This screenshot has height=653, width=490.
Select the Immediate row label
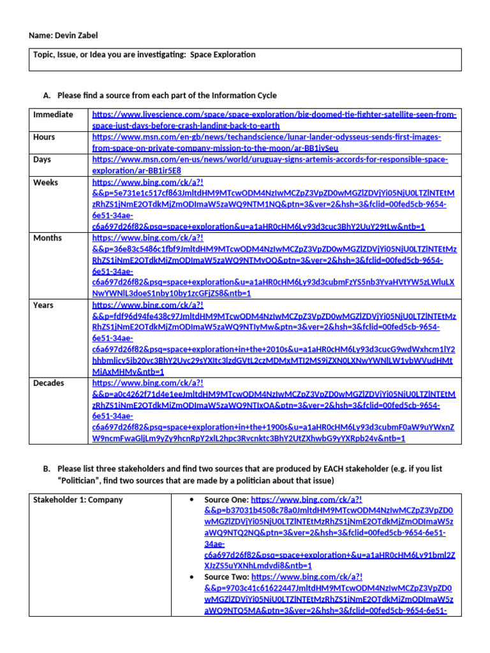53,115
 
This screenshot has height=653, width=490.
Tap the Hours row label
44,137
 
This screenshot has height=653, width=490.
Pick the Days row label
42,159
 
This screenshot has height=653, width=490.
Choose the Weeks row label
45,182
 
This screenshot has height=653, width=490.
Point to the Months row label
47,238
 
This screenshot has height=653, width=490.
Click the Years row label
43,305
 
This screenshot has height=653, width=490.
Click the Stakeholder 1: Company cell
78,499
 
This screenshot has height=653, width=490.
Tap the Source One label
226,499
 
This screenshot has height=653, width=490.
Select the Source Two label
226,577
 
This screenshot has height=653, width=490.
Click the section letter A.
47,96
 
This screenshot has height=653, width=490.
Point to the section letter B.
47,469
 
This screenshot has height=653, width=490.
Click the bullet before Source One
192,499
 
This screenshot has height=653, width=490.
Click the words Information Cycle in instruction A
246,96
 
